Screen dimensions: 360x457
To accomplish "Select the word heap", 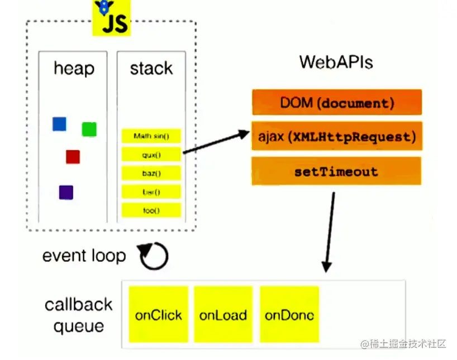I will click(74, 69).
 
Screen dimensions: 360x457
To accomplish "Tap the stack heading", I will click(151, 69).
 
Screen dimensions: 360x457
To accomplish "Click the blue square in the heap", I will click(59, 124).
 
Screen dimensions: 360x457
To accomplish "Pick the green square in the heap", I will click(89, 129).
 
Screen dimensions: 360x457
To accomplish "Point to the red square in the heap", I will click(73, 157).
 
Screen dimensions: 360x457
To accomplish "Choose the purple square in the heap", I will click(66, 193).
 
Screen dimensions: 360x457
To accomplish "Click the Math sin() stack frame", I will click(151, 136).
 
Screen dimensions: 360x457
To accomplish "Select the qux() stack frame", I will click(151, 155).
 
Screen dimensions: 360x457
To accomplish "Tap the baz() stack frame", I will click(151, 173).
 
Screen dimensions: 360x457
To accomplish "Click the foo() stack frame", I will click(151, 210).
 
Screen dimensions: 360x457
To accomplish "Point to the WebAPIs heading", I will click(336, 61).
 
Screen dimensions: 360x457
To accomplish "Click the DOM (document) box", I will click(336, 103).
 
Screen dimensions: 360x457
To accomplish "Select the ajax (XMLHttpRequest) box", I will click(336, 136).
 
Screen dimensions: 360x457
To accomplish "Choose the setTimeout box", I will click(336, 171).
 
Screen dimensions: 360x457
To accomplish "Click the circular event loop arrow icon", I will click(154, 256).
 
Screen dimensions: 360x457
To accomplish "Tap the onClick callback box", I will click(159, 314).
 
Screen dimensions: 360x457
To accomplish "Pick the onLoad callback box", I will click(223, 314).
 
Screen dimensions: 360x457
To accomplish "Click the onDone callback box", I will click(289, 314).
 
